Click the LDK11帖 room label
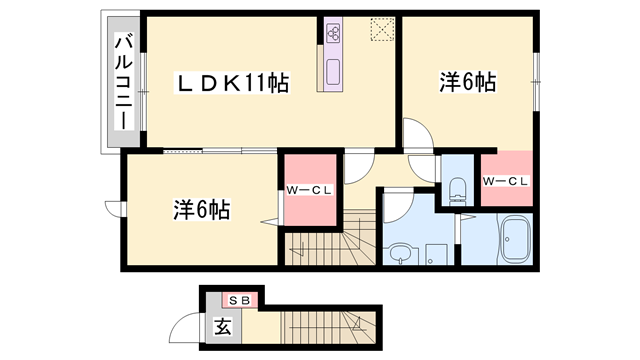(x=233, y=84)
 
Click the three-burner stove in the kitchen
(x=332, y=34)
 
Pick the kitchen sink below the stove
(x=332, y=71)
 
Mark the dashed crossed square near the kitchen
(x=381, y=31)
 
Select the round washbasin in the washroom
(x=400, y=252)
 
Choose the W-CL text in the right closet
(x=504, y=181)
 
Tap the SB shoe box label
(x=240, y=298)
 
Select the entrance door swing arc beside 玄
(x=186, y=327)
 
